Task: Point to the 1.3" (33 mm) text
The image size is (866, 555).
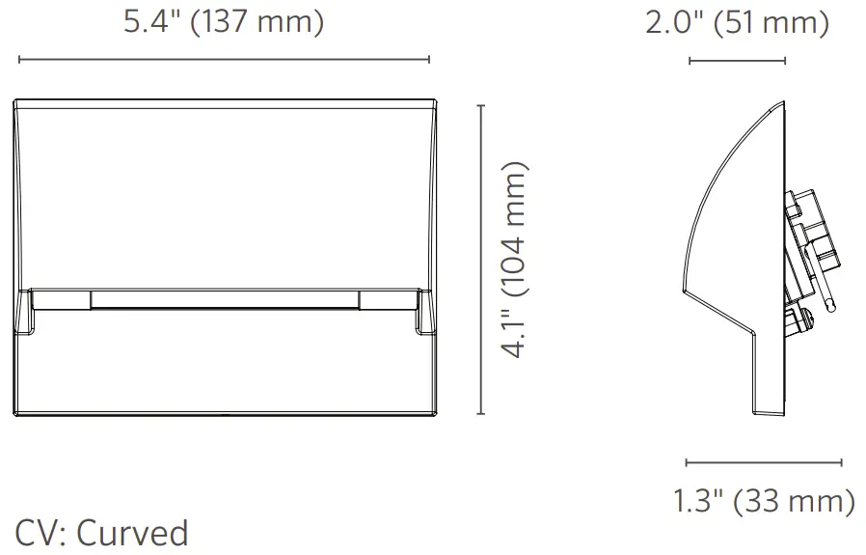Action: (x=764, y=501)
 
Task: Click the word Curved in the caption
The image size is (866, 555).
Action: (x=132, y=532)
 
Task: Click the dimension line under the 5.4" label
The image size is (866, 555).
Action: (x=224, y=60)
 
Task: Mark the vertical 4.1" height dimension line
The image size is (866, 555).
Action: (x=481, y=261)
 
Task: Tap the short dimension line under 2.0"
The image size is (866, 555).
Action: (x=738, y=61)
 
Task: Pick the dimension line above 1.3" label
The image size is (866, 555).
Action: (x=764, y=462)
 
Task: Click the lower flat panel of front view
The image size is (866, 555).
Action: (x=224, y=376)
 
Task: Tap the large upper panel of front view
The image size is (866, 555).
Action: (x=224, y=193)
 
